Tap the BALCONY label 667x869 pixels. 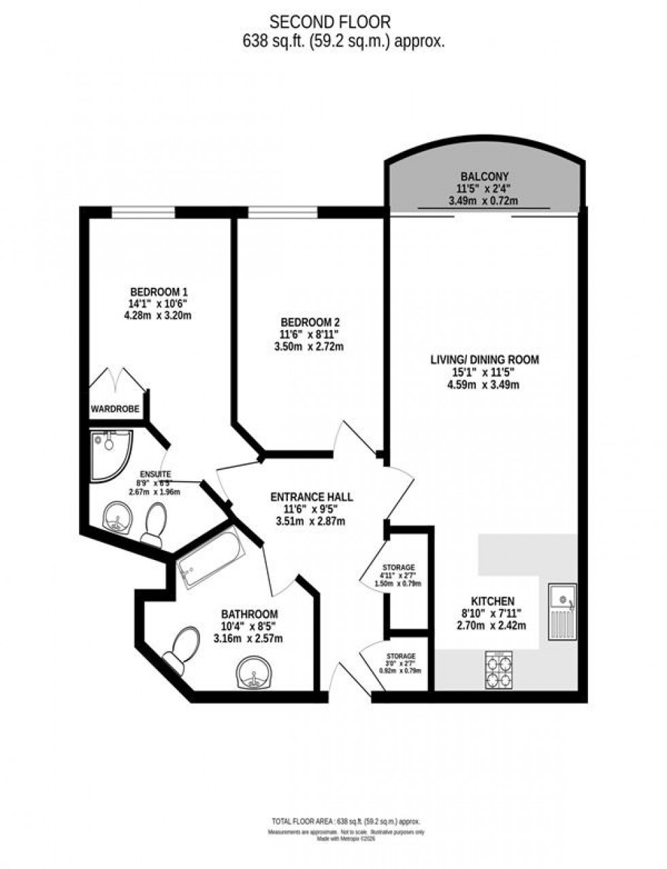coord(483,177)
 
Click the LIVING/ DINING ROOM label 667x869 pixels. coord(484,360)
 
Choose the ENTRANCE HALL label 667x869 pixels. coord(310,497)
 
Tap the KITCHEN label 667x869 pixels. coord(493,601)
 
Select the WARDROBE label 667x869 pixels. coord(116,409)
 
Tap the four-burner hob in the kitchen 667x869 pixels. coord(500,669)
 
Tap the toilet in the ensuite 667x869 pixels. coord(154,525)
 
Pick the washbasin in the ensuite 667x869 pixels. coord(117,521)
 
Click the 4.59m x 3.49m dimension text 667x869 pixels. coord(484,385)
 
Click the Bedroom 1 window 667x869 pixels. coord(143,212)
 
